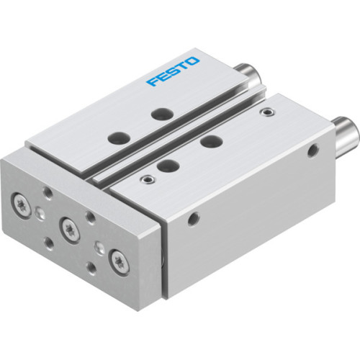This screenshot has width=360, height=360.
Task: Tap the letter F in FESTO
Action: pos(150,81)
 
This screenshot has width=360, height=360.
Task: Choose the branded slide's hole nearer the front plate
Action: pos(114,137)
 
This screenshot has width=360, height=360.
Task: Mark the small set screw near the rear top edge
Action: pos(269,112)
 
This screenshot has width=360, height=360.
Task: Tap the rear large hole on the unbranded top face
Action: pos(210,141)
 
